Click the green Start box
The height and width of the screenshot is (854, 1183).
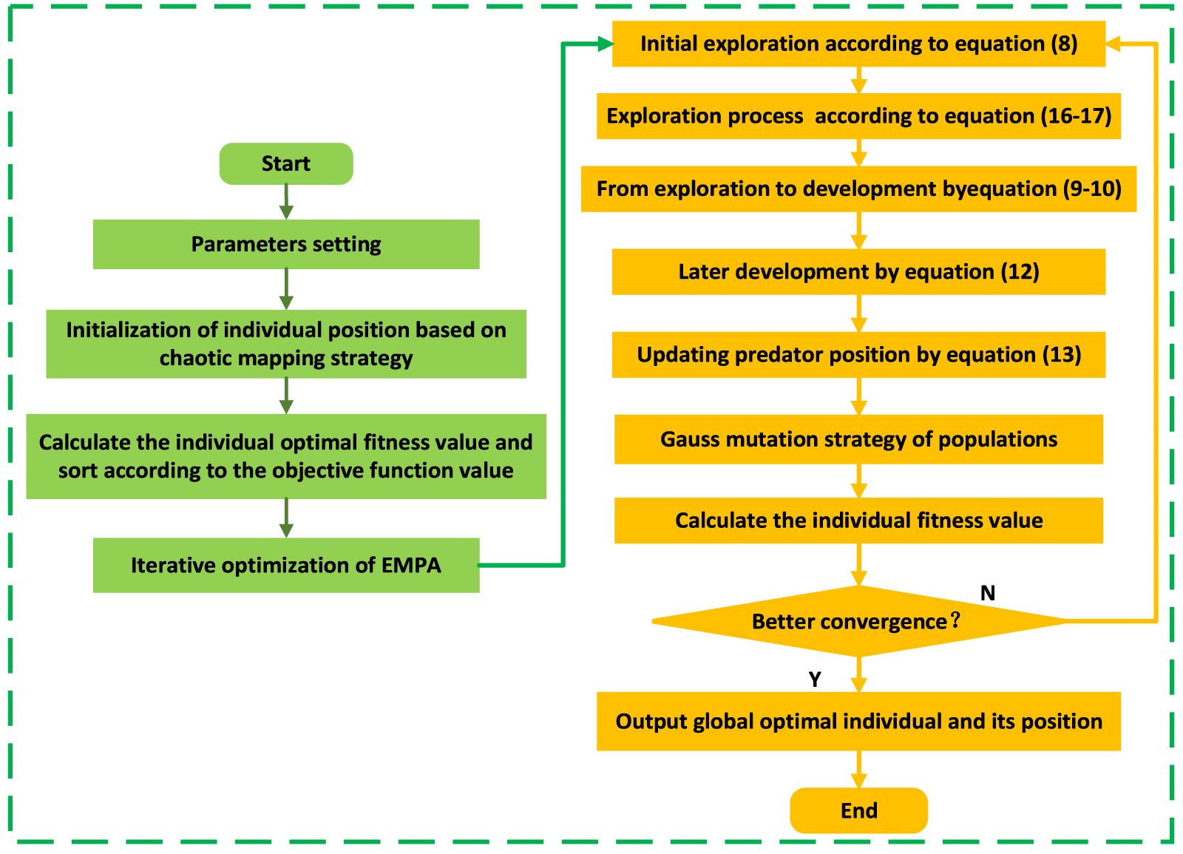click(286, 163)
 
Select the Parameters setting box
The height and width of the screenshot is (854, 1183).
click(286, 244)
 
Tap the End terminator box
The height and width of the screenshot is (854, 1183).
click(858, 810)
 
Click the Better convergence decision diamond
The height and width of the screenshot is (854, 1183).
click(858, 621)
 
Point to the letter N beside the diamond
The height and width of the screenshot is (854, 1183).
click(988, 593)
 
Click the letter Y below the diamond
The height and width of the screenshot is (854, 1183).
click(815, 680)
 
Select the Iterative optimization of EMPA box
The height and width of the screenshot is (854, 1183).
click(286, 566)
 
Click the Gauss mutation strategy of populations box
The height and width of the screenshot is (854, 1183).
click(858, 439)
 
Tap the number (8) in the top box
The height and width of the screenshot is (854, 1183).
click(1064, 44)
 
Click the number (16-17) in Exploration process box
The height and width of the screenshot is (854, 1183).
click(1076, 116)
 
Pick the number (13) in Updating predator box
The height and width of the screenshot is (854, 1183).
click(1062, 355)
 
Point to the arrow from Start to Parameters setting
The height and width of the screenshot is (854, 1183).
click(286, 202)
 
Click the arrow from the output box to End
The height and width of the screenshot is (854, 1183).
click(858, 770)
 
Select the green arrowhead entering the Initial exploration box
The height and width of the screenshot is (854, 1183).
click(604, 44)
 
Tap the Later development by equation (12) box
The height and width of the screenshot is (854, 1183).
click(858, 272)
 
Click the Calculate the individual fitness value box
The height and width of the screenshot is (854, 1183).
click(858, 521)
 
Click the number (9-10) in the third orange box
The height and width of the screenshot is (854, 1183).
click(1092, 189)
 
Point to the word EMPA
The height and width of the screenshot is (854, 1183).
click(411, 566)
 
